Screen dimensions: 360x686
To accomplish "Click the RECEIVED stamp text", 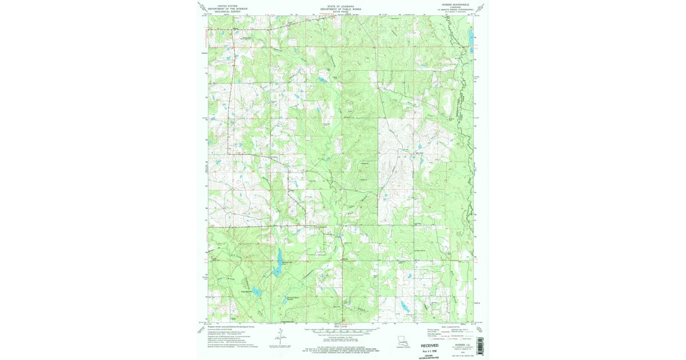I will point(434,346).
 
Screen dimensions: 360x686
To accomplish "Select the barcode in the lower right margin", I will point(479,345).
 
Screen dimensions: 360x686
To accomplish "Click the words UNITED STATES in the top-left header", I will point(224,5).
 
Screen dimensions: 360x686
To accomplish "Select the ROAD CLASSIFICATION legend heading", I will point(448,326).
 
